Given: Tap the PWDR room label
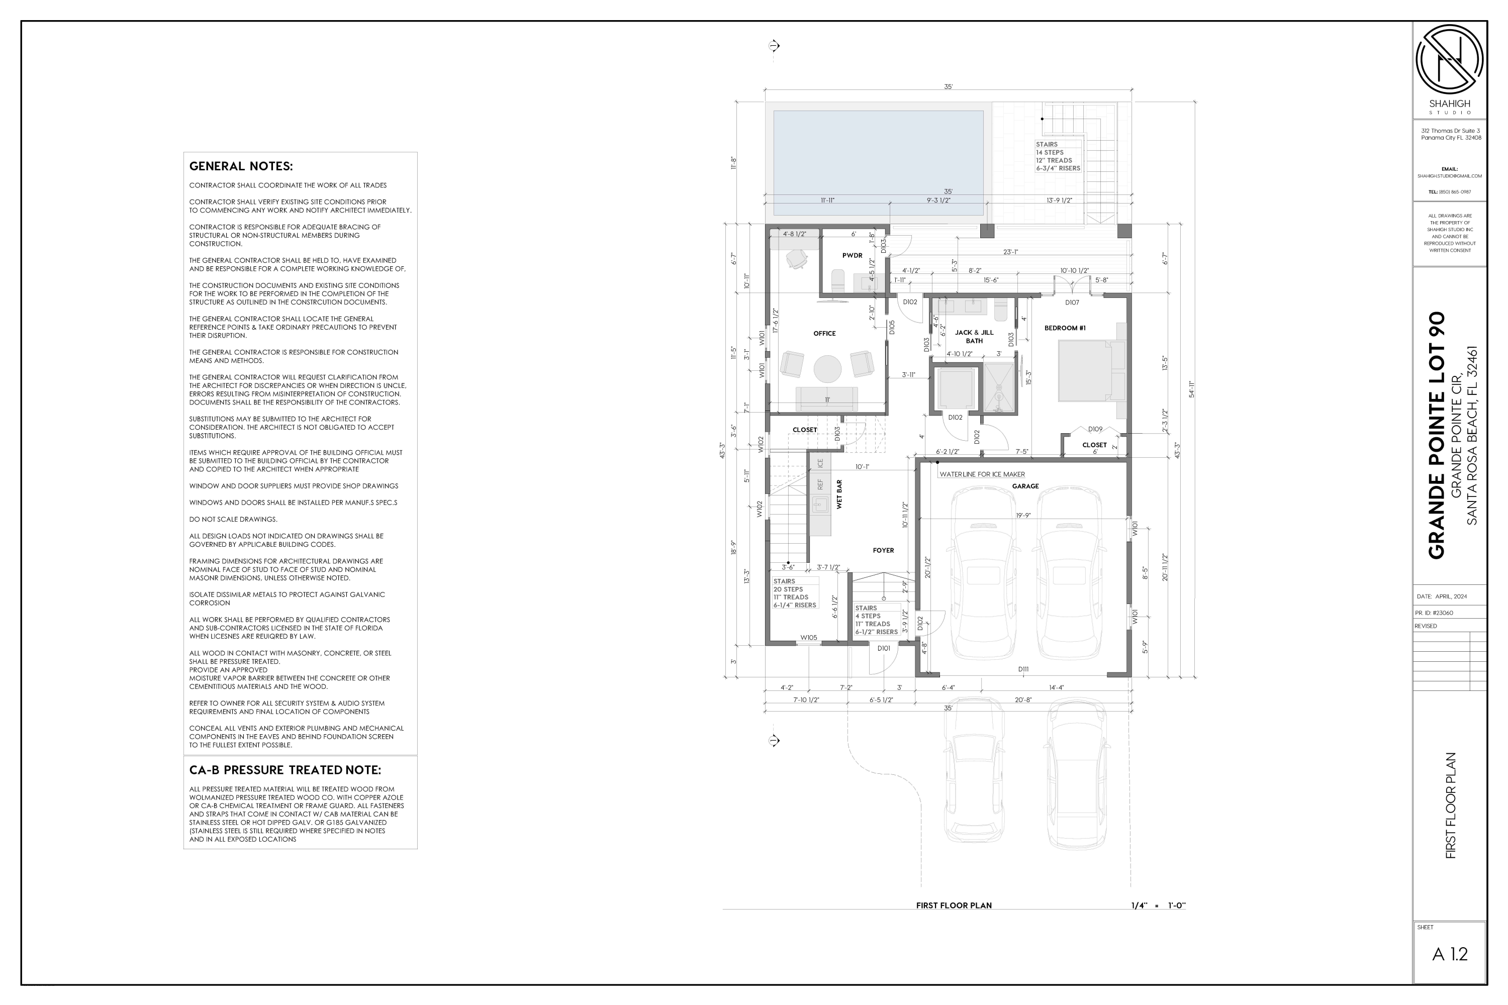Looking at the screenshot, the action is pos(852,256).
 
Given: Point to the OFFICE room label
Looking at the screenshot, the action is pos(824,333).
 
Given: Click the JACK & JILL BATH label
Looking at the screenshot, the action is pos(974,337).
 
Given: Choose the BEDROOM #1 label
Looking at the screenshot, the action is pos(1065,328).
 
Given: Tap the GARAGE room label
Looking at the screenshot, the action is pos(1025,486).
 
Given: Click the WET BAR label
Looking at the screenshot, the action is pos(839,494).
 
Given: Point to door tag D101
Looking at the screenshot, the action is pos(884,648).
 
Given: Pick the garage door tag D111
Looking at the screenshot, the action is pos(1023,669).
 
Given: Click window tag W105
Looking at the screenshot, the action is pos(808,638).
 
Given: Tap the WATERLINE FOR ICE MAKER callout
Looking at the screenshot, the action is pos(982,474).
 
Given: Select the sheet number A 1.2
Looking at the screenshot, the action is pos(1450,954).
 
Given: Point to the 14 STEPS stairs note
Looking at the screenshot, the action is pos(1050,153).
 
